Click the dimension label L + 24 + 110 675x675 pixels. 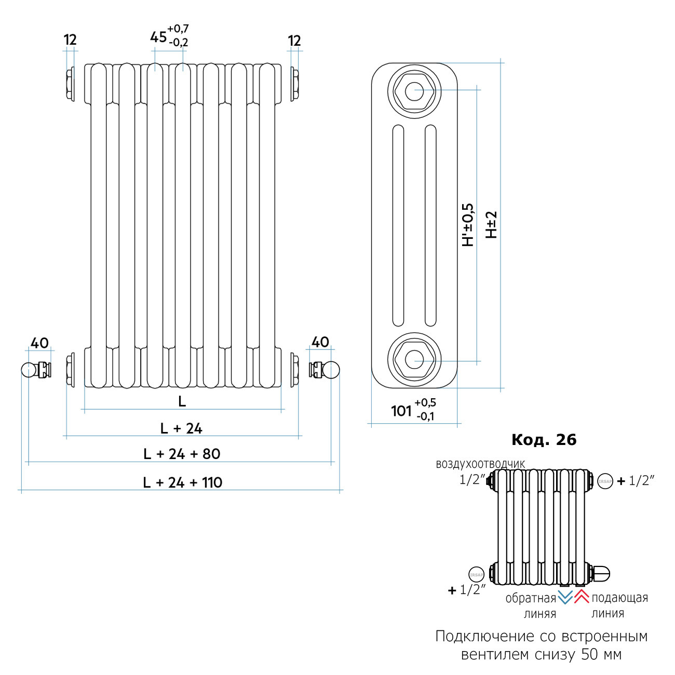click(183, 482)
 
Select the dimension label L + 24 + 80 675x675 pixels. click(182, 454)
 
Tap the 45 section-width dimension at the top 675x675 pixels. click(158, 37)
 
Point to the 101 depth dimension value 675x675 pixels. click(401, 411)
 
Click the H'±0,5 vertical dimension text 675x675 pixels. click(468, 225)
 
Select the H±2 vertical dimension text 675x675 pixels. click(491, 225)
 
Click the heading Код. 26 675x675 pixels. click(544, 440)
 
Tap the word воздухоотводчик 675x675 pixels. click(480, 464)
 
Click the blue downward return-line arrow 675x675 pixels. click(565, 597)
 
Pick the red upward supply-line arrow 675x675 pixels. click(582, 597)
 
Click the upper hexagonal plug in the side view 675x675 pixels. click(414, 92)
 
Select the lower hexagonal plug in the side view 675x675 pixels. click(414, 358)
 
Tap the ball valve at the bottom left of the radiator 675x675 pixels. click(36, 370)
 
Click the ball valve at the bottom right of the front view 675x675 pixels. click(325, 370)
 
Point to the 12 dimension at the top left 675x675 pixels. click(70, 40)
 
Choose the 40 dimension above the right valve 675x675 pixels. click(320, 342)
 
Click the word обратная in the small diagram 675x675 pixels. click(531, 599)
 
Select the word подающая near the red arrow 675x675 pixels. click(620, 598)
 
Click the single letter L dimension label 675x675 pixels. click(182, 401)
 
